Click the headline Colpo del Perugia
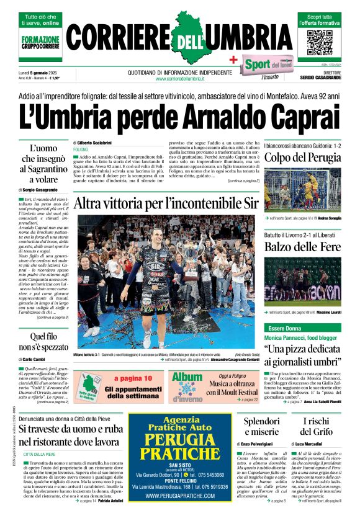(x=303, y=158)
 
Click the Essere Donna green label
(x=284, y=327)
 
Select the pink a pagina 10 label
(x=133, y=378)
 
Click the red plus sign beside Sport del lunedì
(x=234, y=60)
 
